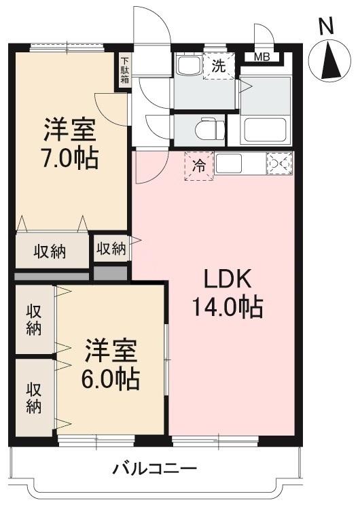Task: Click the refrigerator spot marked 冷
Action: coord(199,165)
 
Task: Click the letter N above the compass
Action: coord(327,27)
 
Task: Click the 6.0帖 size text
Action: coord(111,378)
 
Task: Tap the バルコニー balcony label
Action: coord(155,468)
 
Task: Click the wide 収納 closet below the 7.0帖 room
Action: coord(51,251)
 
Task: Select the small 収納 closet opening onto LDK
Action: coord(111,248)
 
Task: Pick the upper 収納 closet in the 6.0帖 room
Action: coord(34,319)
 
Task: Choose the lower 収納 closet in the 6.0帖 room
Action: coord(34,398)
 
